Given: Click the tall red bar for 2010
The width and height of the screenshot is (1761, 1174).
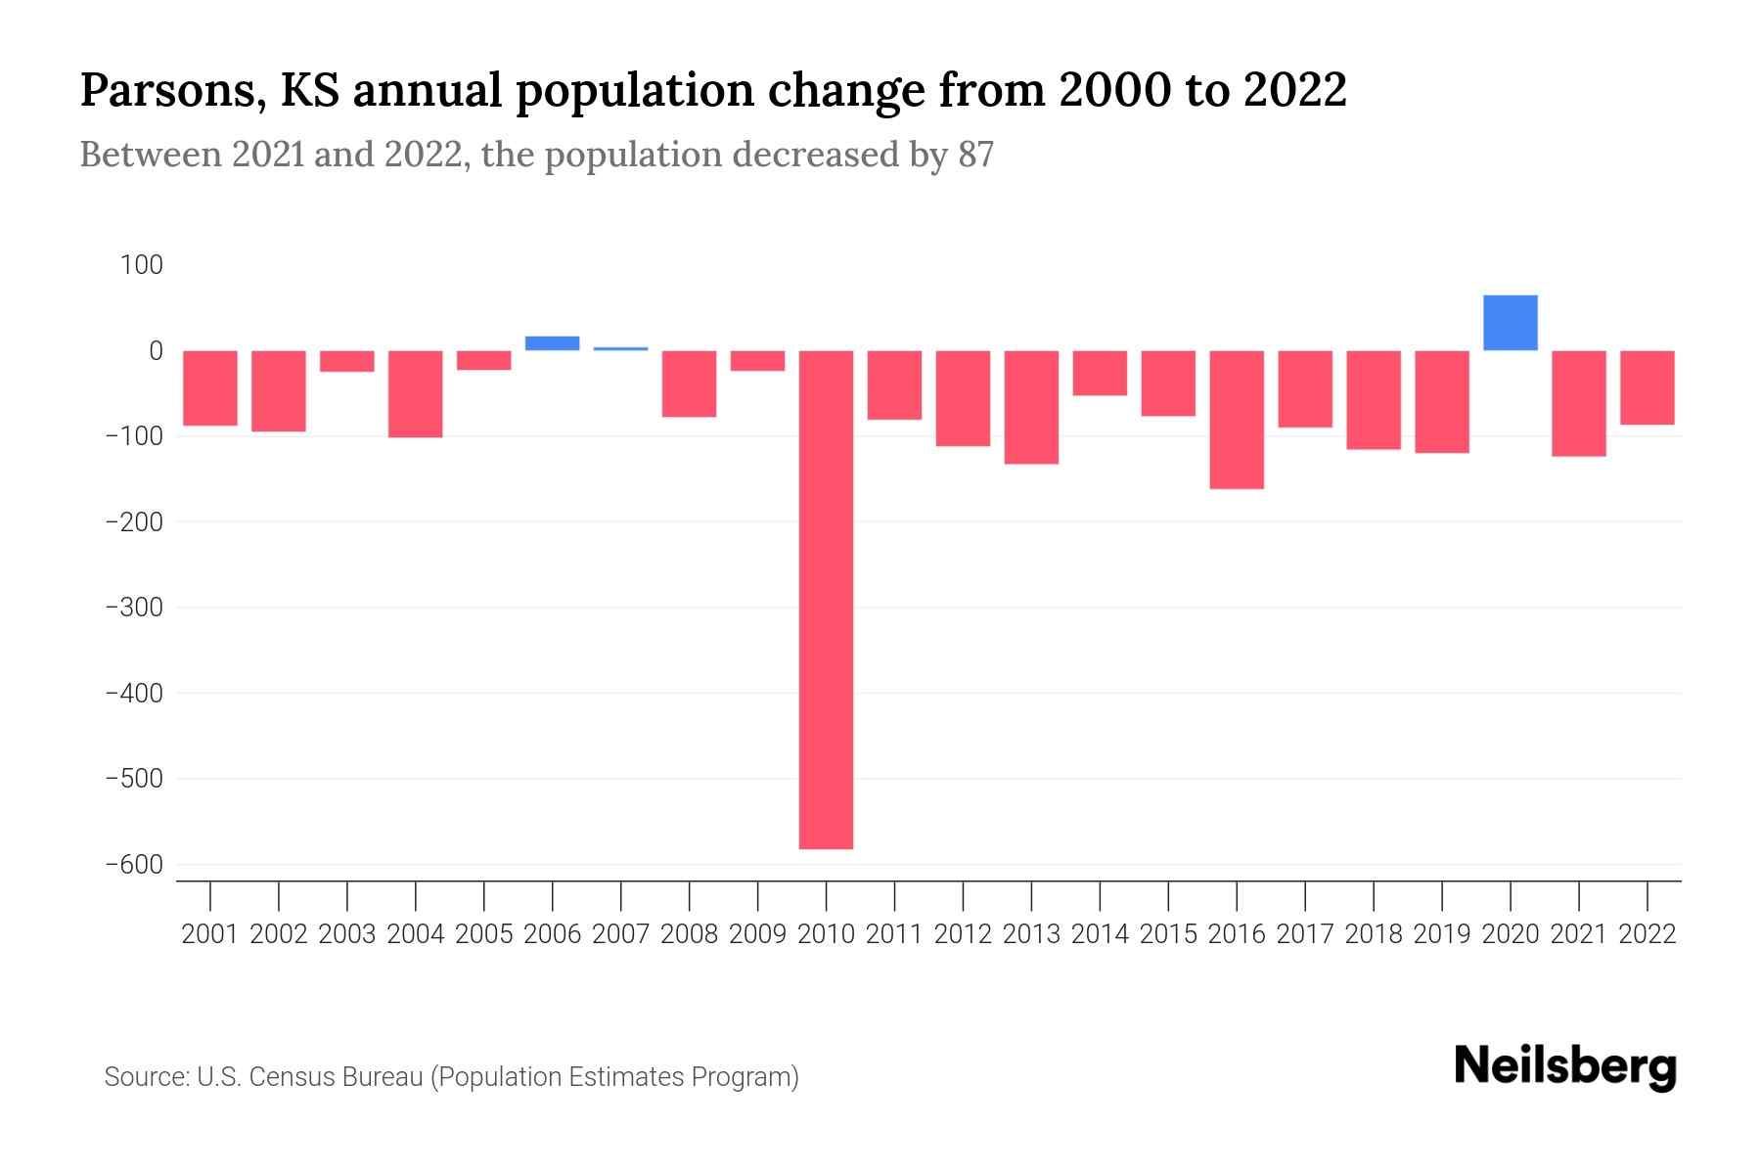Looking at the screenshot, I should (826, 599).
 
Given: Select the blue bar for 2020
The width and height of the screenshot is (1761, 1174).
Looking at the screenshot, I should (1510, 323).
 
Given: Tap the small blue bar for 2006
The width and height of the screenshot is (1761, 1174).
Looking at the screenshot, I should (552, 343).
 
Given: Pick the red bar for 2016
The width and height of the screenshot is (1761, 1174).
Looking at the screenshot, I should (1236, 420).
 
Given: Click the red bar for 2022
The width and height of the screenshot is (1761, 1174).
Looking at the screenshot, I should (1647, 387).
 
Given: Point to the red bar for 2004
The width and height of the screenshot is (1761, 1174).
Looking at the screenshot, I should (415, 393).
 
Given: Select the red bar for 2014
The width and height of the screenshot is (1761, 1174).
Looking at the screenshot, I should (1099, 373).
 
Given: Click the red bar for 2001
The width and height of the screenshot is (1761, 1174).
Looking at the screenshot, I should (210, 388).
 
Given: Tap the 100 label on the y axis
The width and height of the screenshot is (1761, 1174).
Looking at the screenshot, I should (142, 265).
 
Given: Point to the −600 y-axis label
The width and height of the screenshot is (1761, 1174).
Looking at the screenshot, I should (134, 865).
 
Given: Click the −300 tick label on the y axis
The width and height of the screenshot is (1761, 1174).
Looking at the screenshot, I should (134, 608).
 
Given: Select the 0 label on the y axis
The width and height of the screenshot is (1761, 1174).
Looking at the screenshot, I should (156, 350).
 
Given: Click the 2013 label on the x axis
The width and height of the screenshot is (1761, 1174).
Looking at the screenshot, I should (1031, 934).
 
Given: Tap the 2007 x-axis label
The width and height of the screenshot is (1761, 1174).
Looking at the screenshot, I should (620, 934).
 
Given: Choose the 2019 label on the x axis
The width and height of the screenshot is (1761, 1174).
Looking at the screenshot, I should (1441, 934).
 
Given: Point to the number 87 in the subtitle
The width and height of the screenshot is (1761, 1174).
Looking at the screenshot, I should (975, 155).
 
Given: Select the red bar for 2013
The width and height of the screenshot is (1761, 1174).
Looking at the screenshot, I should (1030, 407).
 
